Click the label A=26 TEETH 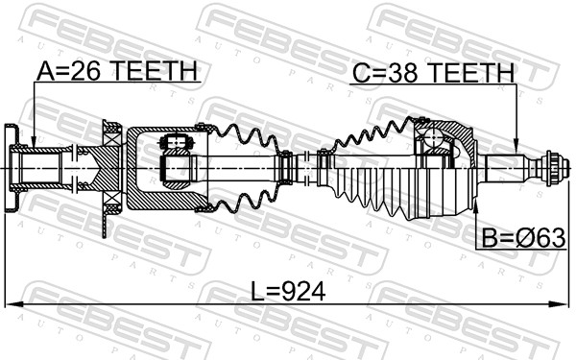tap(116, 71)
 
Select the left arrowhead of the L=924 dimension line tap(11, 304)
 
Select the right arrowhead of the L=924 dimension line tap(556, 304)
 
